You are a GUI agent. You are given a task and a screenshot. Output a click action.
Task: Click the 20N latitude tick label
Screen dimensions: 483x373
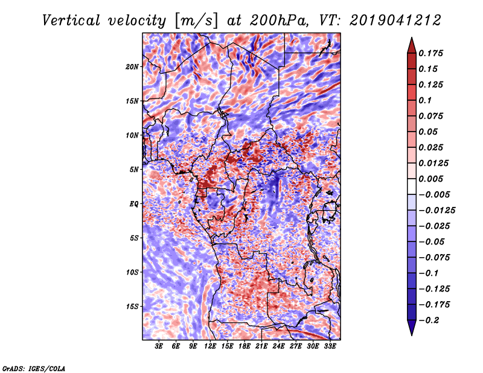132,67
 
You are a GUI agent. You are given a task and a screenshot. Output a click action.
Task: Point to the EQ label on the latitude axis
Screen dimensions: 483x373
133,204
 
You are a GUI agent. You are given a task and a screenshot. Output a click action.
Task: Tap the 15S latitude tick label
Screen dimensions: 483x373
132,307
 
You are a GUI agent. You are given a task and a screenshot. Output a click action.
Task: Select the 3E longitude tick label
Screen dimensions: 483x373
159,346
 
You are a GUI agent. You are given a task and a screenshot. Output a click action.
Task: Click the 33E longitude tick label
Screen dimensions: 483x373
330,346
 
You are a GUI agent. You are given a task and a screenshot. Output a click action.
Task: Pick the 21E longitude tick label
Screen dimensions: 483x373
261,346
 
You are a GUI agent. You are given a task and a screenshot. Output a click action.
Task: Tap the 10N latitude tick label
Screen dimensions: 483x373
132,135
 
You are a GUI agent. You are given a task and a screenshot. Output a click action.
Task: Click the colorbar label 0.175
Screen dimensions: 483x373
430,53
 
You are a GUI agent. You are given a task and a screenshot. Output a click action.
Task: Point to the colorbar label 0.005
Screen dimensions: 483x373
430,179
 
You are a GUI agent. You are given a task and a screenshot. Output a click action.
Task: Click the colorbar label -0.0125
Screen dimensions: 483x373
437,211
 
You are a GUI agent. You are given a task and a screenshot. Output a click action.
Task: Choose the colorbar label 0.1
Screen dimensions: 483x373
425,100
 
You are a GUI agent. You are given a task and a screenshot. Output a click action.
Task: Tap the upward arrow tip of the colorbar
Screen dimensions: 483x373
412,37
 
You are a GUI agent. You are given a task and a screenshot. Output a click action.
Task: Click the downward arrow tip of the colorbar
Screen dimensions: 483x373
412,335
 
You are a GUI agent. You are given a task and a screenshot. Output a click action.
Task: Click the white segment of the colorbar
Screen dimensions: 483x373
412,186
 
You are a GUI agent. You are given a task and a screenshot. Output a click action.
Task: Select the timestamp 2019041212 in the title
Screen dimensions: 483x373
395,21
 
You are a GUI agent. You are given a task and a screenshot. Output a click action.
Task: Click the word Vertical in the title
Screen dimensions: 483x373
71,21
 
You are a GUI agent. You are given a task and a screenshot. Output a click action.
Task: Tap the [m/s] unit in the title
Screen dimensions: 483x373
196,21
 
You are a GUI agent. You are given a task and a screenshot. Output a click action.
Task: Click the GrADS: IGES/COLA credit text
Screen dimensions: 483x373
34,368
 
